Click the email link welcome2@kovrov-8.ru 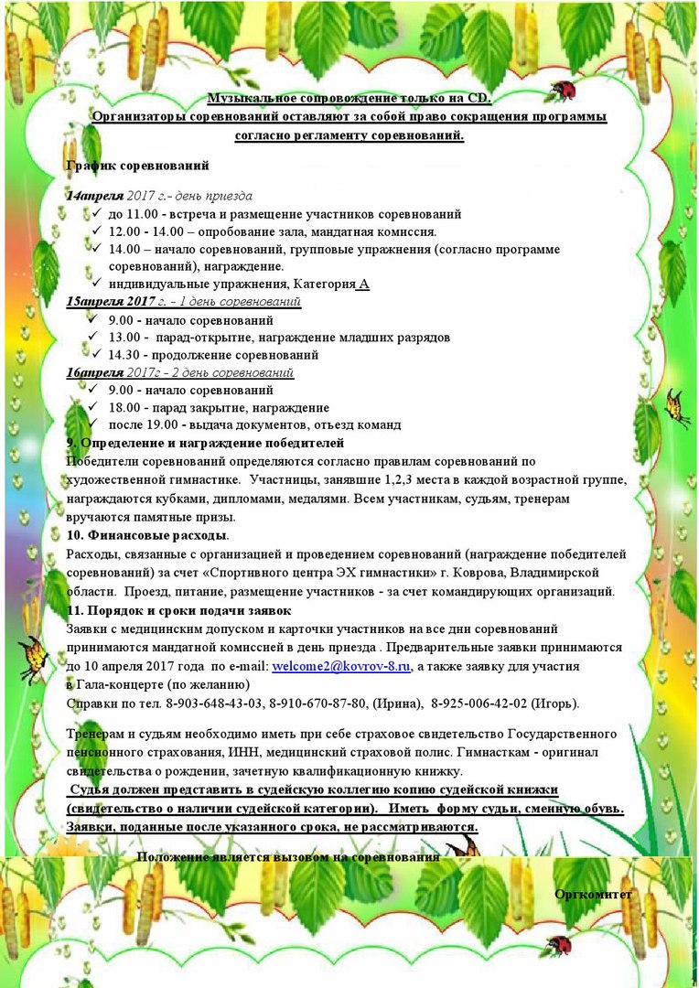coord(341,667)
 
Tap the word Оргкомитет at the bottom coord(593,894)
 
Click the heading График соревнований coord(138,166)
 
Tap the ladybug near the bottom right coord(557,945)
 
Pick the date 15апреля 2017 coord(124,301)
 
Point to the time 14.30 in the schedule coord(124,355)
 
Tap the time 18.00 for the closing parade coord(124,407)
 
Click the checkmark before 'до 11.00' coord(96,213)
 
